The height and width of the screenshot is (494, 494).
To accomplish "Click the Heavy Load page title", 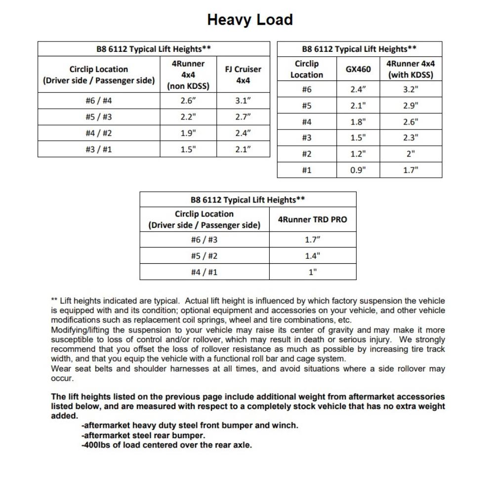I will [x=250, y=20].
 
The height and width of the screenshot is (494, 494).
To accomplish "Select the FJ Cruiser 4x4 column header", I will [x=243, y=75].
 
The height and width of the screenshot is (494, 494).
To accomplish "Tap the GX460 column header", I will [x=358, y=69].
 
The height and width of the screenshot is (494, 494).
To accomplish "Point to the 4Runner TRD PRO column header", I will [x=312, y=219].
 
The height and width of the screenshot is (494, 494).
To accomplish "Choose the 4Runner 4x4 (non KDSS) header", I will [x=188, y=75].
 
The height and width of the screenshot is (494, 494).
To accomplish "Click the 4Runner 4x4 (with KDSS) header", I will [x=411, y=69].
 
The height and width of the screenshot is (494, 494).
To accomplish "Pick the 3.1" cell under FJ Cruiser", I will [x=243, y=101].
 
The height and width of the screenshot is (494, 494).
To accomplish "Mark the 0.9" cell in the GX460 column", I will [x=358, y=170].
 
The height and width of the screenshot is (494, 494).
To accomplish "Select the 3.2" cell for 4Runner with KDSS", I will [x=411, y=89].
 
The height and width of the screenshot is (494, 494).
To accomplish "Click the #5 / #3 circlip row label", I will [x=99, y=117].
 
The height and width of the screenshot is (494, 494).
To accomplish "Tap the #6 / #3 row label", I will [x=204, y=240].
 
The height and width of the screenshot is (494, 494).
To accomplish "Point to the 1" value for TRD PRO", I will [x=312, y=272].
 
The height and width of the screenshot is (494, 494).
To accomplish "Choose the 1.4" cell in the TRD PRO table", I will [x=312, y=256].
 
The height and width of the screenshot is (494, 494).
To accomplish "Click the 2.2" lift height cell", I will [x=188, y=117].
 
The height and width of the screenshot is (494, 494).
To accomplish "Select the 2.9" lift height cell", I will [x=411, y=106].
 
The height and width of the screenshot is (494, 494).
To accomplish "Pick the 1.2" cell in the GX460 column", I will [x=358, y=154].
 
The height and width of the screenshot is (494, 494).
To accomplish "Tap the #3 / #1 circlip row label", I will [x=99, y=149].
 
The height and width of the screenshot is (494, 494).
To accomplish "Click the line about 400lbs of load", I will [x=166, y=445].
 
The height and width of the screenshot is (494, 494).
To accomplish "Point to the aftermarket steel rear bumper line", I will [x=143, y=435].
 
